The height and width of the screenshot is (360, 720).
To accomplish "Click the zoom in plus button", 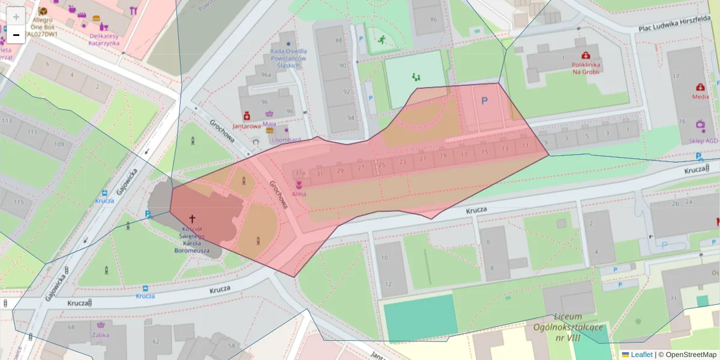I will [16, 16].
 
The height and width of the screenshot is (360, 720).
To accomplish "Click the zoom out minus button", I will [16, 35].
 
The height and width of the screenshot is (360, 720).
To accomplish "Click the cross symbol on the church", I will [193, 220].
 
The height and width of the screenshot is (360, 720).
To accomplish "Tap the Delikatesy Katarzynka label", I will [104, 39].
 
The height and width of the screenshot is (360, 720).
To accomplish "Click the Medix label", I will [700, 96].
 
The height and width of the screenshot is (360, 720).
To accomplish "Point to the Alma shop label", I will [299, 194].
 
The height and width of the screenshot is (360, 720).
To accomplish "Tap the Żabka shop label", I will [100, 335].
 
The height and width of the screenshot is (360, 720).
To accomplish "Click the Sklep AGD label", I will [703, 140].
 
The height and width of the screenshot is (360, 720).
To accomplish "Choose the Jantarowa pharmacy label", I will [247, 126].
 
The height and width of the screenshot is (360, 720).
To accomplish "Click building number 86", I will [433, 19].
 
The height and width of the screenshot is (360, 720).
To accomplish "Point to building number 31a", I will [301, 173].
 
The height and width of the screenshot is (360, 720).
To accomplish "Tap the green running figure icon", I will [381, 40].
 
